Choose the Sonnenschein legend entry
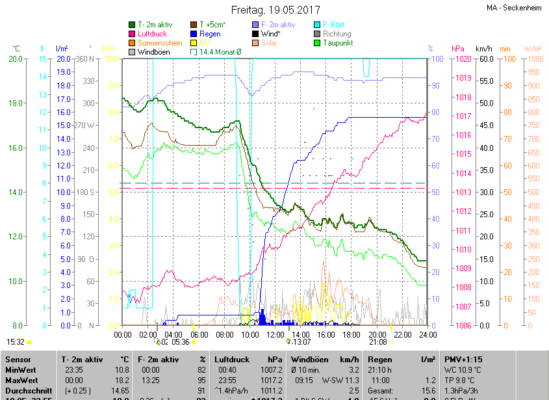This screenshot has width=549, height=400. pos(160,43)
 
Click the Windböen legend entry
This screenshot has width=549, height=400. pos(153,52)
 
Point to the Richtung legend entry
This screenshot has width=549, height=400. pos(337,34)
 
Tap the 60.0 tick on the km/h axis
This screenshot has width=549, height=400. pos(484,59)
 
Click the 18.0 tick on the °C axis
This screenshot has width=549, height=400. pos(15,103)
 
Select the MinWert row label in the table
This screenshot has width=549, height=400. pos(21,369)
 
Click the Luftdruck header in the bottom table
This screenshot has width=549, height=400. pos(232,359)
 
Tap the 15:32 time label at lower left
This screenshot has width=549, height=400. pos(16,341)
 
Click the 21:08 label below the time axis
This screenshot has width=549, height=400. pos(377,341)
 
